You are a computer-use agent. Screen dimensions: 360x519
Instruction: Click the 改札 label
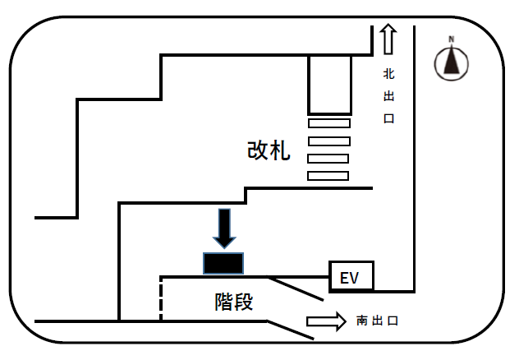269,150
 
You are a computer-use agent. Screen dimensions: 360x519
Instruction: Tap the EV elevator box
351,278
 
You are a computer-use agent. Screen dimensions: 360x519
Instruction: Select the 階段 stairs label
233,302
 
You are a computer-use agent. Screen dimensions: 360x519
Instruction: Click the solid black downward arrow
224,228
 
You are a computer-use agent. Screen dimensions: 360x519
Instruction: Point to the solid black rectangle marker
223,264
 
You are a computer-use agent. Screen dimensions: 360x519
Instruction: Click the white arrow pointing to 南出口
326,321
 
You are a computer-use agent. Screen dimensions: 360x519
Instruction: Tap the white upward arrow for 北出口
388,39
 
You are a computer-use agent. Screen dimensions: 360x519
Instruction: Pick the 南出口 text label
377,321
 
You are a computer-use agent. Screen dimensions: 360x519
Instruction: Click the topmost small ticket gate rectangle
328,123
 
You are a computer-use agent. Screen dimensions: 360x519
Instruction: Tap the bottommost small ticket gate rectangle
328,175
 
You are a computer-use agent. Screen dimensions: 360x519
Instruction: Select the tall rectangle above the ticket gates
329,85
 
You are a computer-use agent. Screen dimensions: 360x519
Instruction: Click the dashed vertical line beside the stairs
160,298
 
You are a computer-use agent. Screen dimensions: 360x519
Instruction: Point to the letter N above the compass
451,39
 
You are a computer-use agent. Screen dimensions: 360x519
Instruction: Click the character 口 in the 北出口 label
389,118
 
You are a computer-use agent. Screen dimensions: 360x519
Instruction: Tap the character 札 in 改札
280,150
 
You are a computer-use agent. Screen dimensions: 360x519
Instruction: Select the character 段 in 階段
244,302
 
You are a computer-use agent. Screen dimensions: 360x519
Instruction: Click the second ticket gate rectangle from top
328,141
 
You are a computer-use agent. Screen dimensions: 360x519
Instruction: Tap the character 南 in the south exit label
361,321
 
